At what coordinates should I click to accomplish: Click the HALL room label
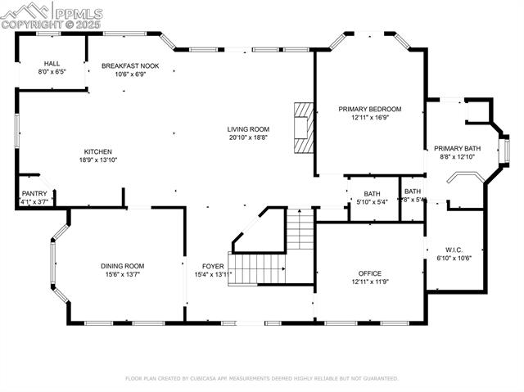click(x=52, y=64)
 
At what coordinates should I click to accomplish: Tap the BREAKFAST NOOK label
click(x=130, y=65)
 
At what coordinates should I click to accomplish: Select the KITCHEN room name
click(x=97, y=151)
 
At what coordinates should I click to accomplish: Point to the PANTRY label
click(x=34, y=194)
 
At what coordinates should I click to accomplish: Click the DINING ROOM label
click(x=122, y=266)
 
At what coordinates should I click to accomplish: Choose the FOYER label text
click(x=213, y=266)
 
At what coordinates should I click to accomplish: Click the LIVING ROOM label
click(x=248, y=129)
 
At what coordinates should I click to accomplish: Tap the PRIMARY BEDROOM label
click(x=370, y=109)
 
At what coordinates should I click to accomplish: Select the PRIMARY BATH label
click(x=457, y=148)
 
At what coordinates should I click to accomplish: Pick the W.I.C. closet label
click(x=454, y=250)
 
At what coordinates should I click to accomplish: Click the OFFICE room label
click(x=369, y=273)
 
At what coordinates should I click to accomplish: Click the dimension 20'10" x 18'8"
click(x=248, y=137)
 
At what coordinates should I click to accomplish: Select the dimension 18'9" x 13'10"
click(x=97, y=160)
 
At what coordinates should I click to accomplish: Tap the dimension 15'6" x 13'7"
click(x=122, y=274)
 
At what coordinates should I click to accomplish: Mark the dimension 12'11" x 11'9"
click(x=369, y=282)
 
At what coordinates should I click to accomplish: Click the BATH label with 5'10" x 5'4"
click(x=372, y=194)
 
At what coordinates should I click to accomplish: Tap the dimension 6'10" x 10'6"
click(x=454, y=258)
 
